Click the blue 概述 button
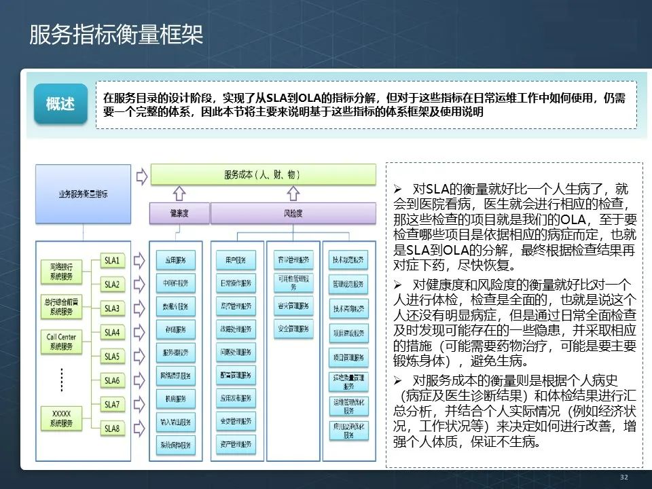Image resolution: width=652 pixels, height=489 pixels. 60,104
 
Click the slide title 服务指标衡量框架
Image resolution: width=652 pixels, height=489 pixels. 116,35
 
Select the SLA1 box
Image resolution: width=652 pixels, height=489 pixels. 112,260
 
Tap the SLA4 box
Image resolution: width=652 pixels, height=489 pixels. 112,333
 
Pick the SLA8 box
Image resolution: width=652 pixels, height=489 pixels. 112,429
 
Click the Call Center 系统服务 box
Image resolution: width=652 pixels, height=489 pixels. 61,341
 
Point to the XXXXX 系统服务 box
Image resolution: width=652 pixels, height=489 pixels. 61,418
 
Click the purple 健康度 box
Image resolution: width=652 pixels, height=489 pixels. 179,214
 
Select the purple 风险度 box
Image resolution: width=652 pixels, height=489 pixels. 293,214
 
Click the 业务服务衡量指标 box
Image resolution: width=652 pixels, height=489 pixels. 83,194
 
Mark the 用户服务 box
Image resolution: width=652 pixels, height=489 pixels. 236,259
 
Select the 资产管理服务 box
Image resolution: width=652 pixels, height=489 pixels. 236,445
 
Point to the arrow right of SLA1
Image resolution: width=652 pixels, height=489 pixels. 141,260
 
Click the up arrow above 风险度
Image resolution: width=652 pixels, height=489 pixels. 293,194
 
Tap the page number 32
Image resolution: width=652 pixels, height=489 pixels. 623,477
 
